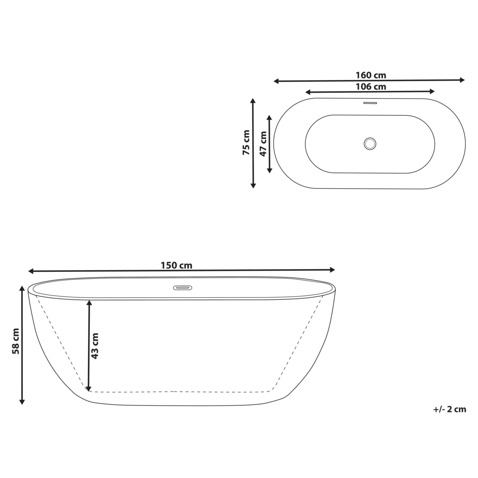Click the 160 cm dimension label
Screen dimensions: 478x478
(x=370, y=75)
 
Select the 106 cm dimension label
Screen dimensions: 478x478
(x=370, y=87)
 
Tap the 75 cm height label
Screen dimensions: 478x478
(x=246, y=142)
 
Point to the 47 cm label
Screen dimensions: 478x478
(x=263, y=143)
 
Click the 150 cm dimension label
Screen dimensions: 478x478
(x=176, y=265)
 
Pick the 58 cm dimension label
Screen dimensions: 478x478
(x=16, y=341)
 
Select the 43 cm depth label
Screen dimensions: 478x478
(x=95, y=346)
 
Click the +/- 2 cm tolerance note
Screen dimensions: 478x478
(x=449, y=409)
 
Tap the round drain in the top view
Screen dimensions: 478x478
(x=370, y=143)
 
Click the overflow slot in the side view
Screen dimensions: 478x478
(x=182, y=288)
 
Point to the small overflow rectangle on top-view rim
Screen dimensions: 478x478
(x=370, y=102)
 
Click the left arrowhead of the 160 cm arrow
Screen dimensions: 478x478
(x=276, y=81)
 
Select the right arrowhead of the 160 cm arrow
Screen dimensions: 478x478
(x=462, y=80)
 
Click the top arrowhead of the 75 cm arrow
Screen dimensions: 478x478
(x=253, y=101)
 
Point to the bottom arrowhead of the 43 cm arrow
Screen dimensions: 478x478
(x=88, y=388)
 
